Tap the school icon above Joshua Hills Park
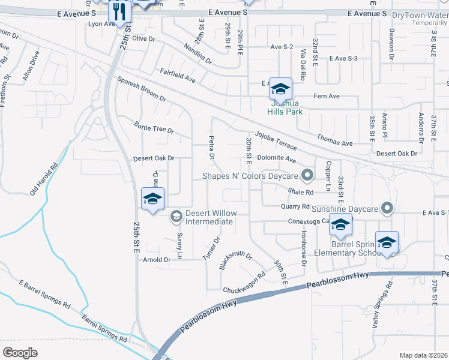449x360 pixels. (x=280, y=89)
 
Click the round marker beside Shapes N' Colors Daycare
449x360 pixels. (x=308, y=176)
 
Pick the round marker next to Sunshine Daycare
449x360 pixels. (x=387, y=208)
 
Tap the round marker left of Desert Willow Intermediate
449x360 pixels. (x=176, y=217)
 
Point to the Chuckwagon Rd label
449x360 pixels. (x=244, y=283)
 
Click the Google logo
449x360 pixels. (x=20, y=352)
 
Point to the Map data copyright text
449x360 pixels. (x=423, y=355)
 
